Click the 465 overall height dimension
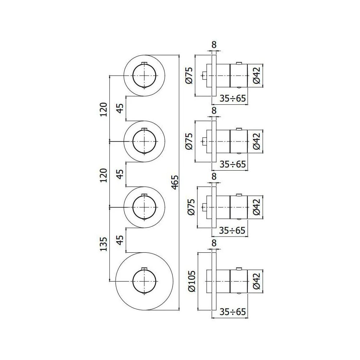[175, 182]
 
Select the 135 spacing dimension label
[104, 244]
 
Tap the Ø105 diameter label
[192, 281]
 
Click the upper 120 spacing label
[104, 109]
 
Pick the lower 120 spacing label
[104, 175]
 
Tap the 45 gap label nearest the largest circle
[120, 240]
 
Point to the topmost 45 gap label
[120, 108]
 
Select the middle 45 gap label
[120, 174]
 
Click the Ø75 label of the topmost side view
[189, 76]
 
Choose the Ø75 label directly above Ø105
[191, 207]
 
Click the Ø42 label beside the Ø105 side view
[257, 281]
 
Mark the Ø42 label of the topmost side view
[257, 76]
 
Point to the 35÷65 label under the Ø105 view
[233, 312]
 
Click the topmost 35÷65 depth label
[233, 98]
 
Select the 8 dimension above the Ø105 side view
[214, 243]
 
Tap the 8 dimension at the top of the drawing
[214, 45]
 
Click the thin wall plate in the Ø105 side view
[214, 282]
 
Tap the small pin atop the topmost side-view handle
[239, 63]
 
